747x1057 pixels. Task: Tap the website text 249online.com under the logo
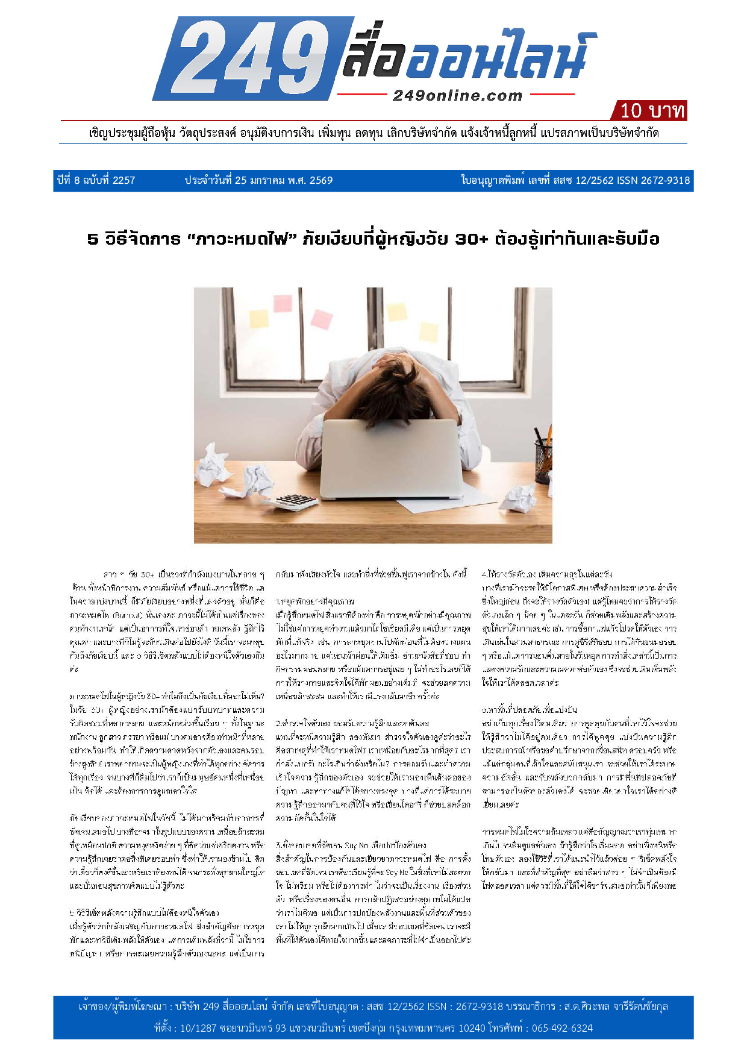point(457,96)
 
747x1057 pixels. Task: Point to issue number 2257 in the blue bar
point(123,180)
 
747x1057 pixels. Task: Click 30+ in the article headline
point(472,239)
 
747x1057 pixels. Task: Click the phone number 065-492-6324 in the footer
point(562,1028)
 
